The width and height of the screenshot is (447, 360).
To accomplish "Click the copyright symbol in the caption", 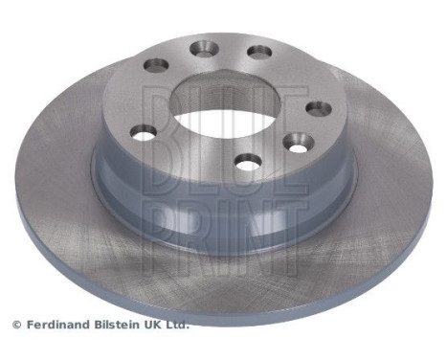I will (x=15, y=325).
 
